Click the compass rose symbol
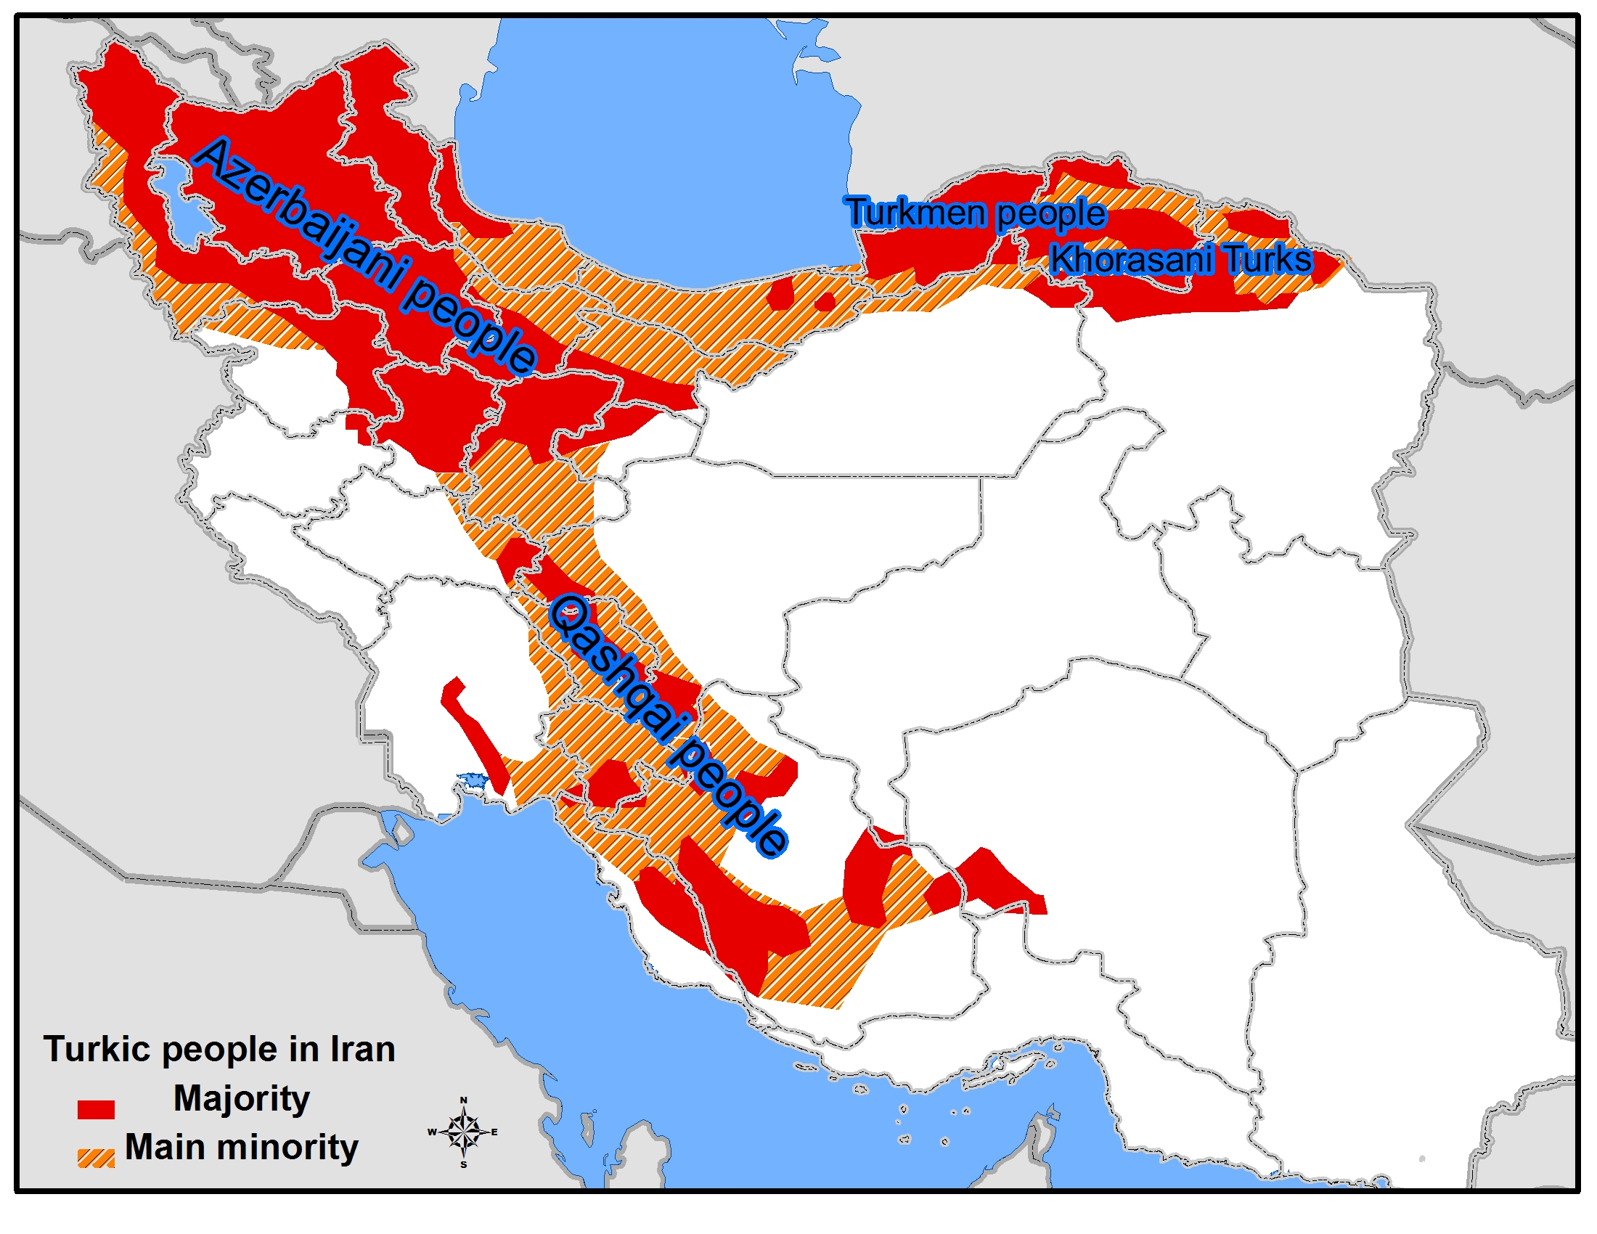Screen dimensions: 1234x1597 point(464,1132)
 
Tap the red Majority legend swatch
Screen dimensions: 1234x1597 point(96,1109)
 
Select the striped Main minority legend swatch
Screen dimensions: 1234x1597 point(96,1158)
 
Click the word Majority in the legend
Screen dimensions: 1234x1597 point(241,1098)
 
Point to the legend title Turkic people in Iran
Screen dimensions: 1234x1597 point(219,1049)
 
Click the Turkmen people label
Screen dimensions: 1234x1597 point(976,213)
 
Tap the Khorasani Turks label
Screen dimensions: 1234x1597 point(1180,259)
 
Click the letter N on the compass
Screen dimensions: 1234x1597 point(463,1100)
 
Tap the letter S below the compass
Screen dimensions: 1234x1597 point(464,1164)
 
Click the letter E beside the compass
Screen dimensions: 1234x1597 point(494,1132)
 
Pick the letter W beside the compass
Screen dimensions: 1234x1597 point(432,1132)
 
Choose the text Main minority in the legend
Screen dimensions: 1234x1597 point(241,1147)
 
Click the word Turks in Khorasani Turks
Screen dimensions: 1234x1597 point(1268,259)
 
